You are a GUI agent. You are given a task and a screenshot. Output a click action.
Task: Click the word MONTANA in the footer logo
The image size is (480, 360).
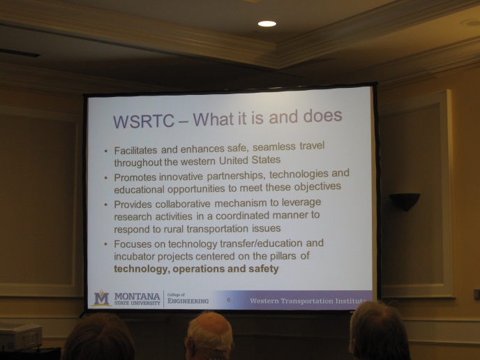(x=137, y=295)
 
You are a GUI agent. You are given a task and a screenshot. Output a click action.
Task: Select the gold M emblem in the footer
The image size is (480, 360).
(x=102, y=299)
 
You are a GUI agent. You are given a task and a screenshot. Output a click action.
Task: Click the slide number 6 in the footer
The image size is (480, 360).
(x=228, y=300)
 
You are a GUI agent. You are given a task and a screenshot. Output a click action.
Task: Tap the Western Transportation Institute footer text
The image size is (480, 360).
(x=307, y=301)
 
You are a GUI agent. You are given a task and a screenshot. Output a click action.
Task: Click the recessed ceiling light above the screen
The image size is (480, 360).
(x=267, y=24)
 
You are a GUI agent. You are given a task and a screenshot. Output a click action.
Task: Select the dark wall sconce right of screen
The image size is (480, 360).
(x=405, y=201)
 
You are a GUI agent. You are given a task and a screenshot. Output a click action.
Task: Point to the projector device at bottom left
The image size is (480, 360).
(x=20, y=336)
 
